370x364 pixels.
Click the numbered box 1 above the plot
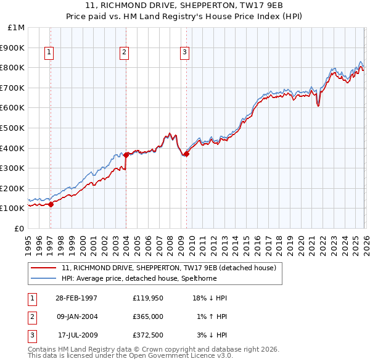[49, 53]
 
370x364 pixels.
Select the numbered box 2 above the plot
[124, 53]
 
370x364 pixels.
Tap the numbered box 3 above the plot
[184, 53]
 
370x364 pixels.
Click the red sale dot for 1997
[51, 205]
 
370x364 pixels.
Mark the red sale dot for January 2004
[126, 155]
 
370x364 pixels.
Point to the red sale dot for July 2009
[186, 154]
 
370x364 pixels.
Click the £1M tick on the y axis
[17, 28]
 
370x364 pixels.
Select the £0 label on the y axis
[19, 229]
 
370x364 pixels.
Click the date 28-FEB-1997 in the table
[76, 298]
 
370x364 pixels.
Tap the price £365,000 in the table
[148, 316]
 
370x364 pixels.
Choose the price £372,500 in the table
[148, 335]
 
